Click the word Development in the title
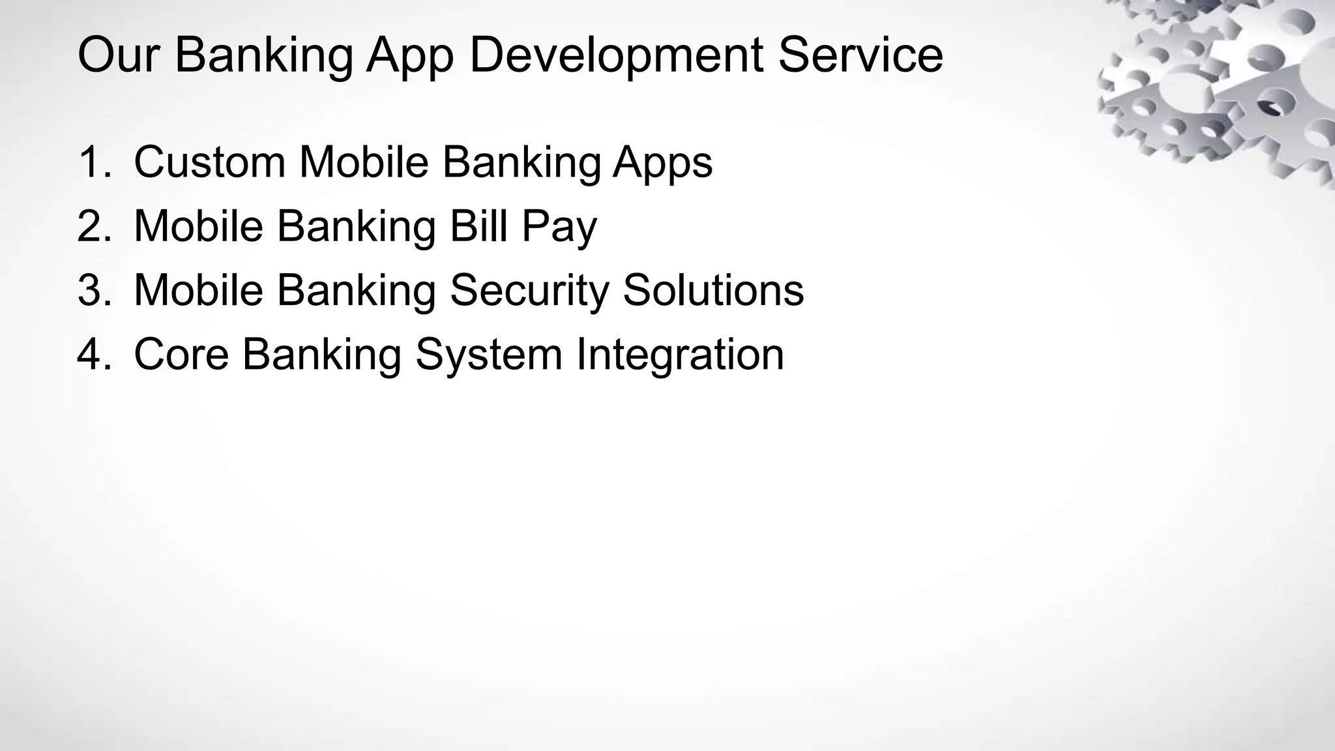(x=616, y=55)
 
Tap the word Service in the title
(x=860, y=55)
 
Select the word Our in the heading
(x=118, y=55)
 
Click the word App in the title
(x=409, y=55)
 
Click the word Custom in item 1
(x=209, y=162)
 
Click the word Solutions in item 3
(x=713, y=290)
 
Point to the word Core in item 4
(x=181, y=355)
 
